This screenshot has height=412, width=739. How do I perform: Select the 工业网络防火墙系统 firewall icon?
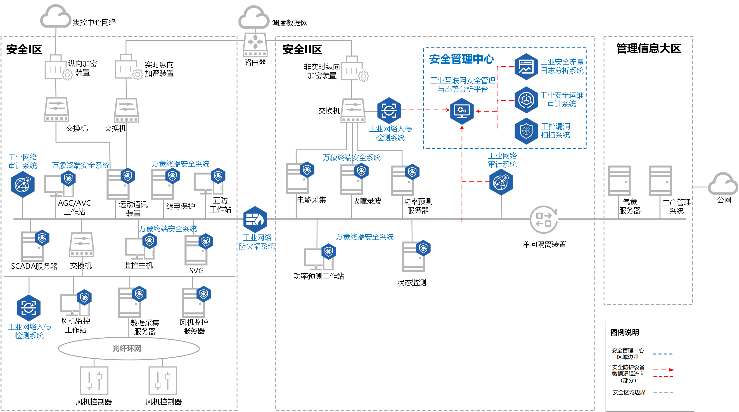255,220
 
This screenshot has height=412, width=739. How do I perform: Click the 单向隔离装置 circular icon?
544,220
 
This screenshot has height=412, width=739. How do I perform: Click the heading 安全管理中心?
461,59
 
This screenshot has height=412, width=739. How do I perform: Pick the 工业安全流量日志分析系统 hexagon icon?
526,66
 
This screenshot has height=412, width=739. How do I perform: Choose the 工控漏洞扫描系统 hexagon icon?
526,131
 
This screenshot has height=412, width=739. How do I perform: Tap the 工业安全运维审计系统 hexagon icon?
526,100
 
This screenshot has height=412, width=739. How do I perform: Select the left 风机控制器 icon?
94,380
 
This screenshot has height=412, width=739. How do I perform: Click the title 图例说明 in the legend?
625,332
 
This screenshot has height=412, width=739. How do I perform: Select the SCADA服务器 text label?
34,266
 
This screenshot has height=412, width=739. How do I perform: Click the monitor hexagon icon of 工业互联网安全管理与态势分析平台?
462,111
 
